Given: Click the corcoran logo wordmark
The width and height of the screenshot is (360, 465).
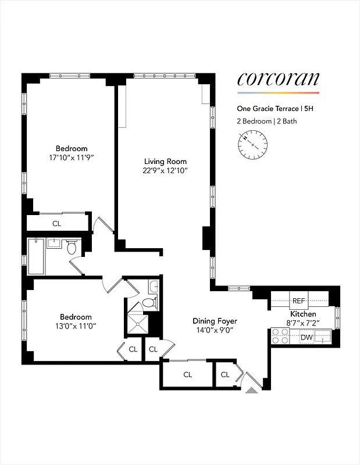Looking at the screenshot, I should pos(278,80).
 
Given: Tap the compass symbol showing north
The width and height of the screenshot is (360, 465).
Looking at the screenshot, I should pos(252,144).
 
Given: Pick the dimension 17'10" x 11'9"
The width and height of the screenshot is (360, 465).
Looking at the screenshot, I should pos(72,157).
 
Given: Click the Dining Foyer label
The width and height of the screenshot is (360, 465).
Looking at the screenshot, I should pos(215,321).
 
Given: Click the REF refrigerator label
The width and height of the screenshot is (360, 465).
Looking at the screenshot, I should pos(299,301).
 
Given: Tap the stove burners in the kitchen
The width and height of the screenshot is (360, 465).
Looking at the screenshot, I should pos(280,335).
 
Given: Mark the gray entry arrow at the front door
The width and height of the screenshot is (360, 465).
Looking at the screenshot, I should pos(251,392).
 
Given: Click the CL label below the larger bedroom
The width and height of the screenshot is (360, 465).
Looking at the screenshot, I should pos(56,223).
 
